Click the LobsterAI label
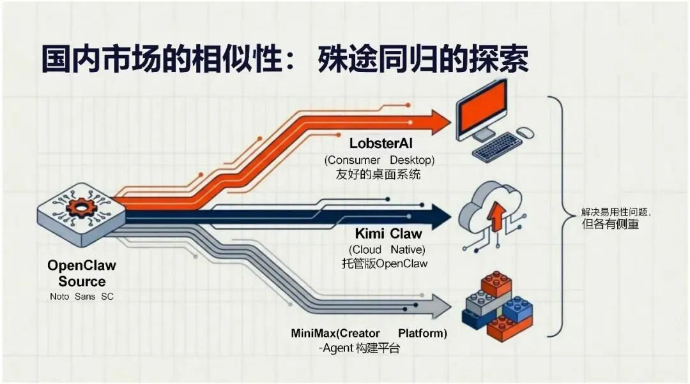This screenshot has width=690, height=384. click(x=381, y=144)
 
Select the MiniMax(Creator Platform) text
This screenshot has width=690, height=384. click(x=369, y=334)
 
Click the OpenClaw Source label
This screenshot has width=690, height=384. click(x=82, y=273)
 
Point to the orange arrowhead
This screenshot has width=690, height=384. click(x=440, y=121)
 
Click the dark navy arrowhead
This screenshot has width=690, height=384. click(x=441, y=216)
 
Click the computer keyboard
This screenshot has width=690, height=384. click(x=498, y=147)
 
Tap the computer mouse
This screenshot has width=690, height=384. click(x=525, y=133)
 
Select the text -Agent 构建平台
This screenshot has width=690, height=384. click(x=360, y=348)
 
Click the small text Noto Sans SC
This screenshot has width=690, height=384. click(x=81, y=297)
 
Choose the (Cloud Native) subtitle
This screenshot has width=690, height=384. click(x=387, y=249)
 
